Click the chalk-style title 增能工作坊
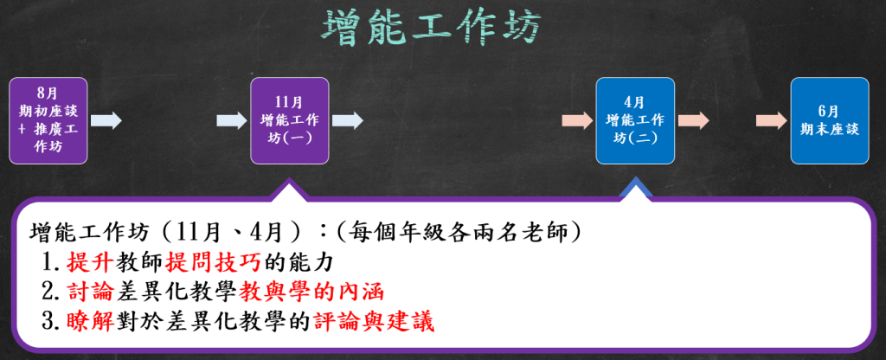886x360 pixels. click(x=431, y=27)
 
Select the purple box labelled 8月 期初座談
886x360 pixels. click(x=48, y=121)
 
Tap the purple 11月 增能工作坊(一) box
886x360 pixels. click(x=290, y=121)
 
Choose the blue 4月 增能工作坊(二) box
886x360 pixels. click(x=635, y=121)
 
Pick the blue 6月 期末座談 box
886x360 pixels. click(x=830, y=121)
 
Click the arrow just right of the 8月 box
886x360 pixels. click(x=106, y=121)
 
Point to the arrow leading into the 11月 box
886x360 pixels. click(x=232, y=121)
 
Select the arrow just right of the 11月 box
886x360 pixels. click(x=348, y=121)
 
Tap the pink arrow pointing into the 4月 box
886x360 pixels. click(x=577, y=121)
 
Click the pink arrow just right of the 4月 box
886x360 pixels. click(x=693, y=121)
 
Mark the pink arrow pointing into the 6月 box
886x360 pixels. click(x=771, y=121)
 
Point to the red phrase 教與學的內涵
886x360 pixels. click(x=311, y=292)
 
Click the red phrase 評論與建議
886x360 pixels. click(x=373, y=322)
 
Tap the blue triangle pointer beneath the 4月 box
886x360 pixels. click(x=635, y=189)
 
